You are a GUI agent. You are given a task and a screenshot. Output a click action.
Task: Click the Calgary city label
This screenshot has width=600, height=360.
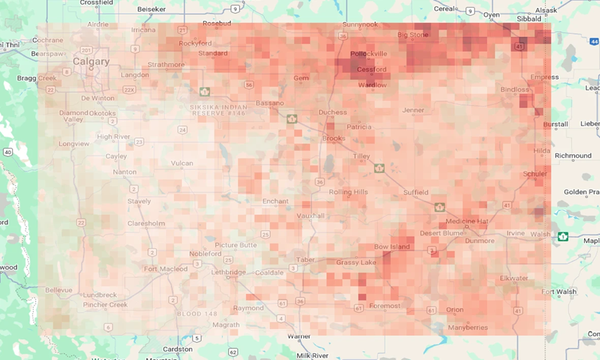tap(91, 62)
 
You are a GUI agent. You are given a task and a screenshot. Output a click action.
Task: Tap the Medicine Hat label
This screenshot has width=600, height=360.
tap(467, 221)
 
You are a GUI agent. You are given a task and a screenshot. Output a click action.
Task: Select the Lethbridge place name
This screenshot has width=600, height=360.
tap(228, 272)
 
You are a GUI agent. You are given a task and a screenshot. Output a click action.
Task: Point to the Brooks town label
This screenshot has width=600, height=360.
tap(334, 138)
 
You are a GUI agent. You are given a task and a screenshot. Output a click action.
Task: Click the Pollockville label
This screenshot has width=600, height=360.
tap(369, 53)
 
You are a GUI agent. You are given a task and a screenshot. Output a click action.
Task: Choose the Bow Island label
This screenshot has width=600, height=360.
tap(392, 247)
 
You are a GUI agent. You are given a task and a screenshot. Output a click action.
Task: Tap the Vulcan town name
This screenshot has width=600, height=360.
tap(182, 163)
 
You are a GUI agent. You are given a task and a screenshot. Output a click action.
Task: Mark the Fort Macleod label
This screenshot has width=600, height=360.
tap(165, 268)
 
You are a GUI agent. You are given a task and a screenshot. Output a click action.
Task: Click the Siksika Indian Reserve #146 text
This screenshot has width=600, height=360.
tap(219, 109)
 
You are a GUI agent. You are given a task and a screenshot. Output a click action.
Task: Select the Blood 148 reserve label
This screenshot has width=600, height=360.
tap(198, 314)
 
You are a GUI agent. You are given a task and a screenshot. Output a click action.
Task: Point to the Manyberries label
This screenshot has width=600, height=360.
tap(468, 328)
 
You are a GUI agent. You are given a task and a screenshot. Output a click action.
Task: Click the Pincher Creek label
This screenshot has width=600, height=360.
tap(106, 305)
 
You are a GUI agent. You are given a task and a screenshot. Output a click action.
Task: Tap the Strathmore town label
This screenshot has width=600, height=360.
tap(166, 64)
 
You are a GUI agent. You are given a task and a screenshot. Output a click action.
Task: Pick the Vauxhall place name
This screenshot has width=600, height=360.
tap(310, 216)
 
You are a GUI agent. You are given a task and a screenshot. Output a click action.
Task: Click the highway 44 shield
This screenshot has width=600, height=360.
tap(595, 41)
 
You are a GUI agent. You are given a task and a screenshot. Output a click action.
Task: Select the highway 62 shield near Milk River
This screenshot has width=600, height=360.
tap(233, 352)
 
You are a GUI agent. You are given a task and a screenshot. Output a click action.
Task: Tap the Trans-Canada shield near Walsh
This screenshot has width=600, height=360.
tap(562, 237)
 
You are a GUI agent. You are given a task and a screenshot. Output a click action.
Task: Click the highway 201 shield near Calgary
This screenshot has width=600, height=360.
tap(86, 50)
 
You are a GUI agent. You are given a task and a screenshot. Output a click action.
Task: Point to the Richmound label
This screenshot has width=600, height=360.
tap(573, 155)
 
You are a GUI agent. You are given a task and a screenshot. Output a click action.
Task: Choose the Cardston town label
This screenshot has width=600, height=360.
tap(177, 349)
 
